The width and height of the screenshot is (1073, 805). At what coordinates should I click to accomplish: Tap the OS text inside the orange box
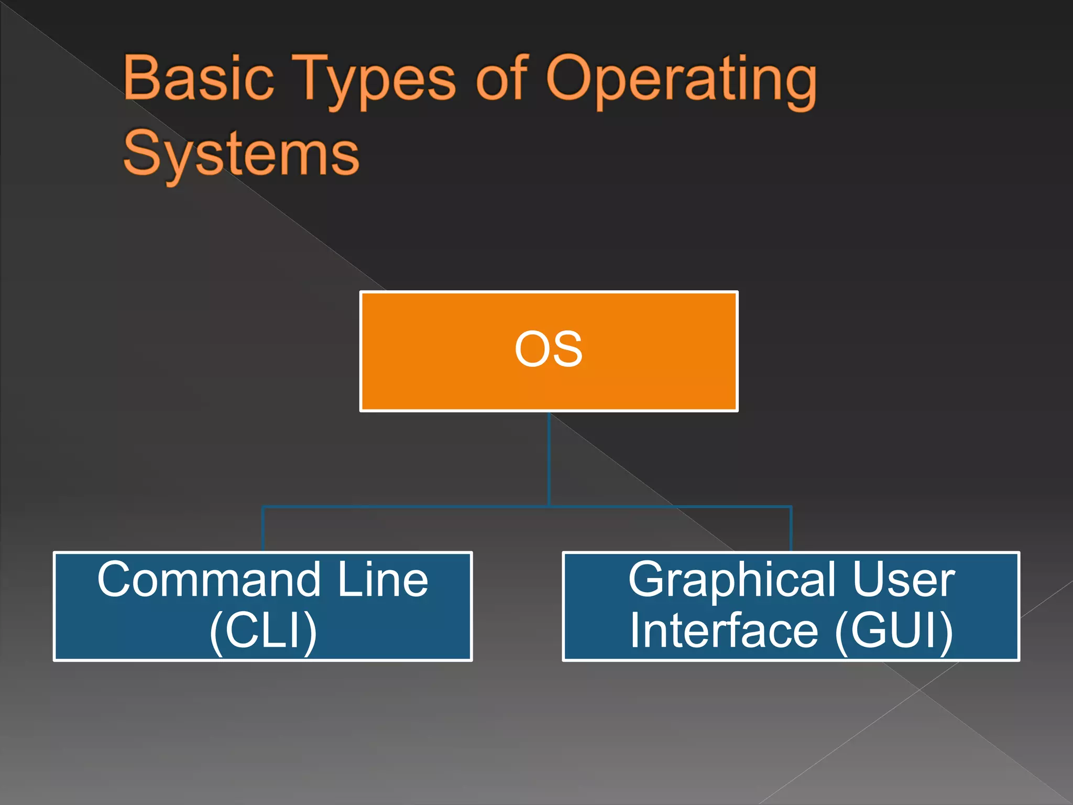549,349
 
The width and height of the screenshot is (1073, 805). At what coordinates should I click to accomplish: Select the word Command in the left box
209,580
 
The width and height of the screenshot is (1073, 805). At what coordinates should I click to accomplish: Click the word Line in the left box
383,580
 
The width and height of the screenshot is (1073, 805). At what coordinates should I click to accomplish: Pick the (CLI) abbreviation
263,631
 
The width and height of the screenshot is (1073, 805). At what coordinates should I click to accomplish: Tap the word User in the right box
904,580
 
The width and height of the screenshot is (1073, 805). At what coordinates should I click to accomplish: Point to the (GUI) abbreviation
894,631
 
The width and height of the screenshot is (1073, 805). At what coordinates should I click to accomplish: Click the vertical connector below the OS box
549,459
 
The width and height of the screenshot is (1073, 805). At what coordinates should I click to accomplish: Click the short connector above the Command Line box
263,529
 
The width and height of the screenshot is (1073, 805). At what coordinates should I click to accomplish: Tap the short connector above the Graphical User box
791,529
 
